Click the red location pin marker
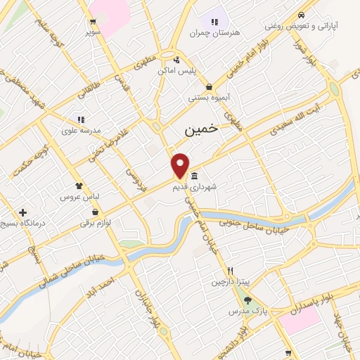pos(180,165)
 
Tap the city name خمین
pos(201,130)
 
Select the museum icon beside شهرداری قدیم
pos(193,176)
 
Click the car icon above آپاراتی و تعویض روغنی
pos(301,15)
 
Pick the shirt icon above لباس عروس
pos(79,187)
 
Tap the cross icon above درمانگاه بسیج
pos(23,212)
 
